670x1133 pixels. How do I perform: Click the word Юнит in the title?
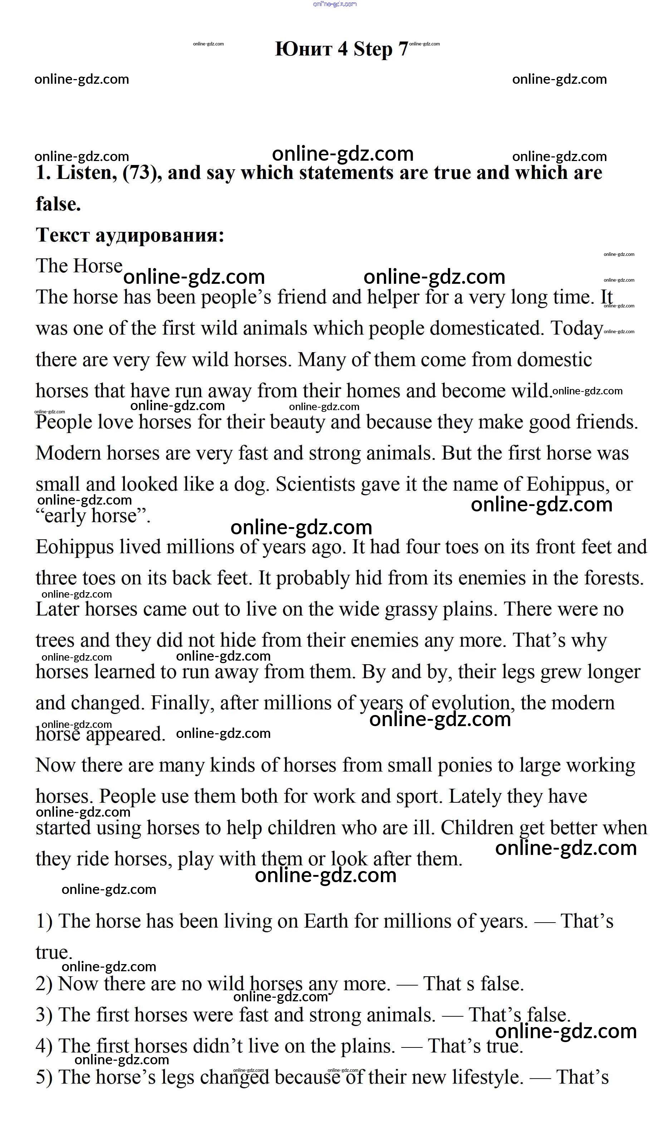[303, 48]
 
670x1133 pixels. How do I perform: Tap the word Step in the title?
[373, 49]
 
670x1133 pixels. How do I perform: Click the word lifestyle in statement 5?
[488, 1077]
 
